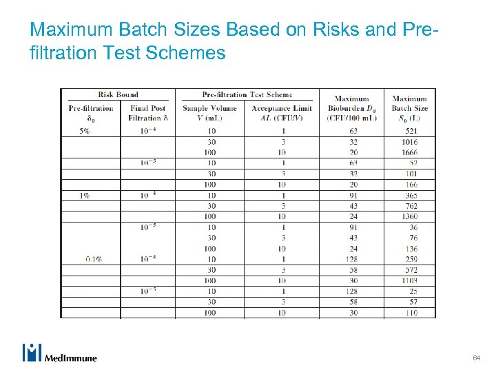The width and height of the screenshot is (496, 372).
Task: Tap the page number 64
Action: tap(476, 358)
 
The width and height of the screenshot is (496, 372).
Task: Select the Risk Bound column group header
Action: tap(117, 94)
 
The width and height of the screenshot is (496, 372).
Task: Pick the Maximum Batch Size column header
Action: tap(409, 107)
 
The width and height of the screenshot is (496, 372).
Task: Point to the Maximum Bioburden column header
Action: tap(351, 107)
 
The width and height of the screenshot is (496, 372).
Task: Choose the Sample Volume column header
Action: tap(209, 112)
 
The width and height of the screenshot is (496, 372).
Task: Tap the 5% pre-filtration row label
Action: tap(84, 130)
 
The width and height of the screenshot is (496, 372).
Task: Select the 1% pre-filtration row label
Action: tap(84, 195)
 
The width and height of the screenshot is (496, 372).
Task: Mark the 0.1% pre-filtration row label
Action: tap(94, 259)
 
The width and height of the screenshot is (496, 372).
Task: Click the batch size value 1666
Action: tap(409, 152)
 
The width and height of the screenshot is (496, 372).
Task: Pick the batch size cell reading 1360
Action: tap(409, 216)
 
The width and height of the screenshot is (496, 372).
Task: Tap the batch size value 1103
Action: tap(409, 280)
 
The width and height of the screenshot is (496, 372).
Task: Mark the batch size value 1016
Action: tap(409, 141)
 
